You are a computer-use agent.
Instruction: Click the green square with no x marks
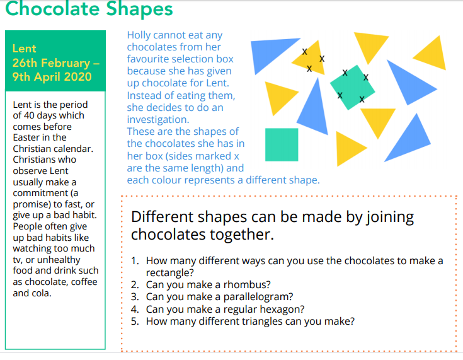[x=282, y=144]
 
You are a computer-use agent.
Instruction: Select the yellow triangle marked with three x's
[x=311, y=59]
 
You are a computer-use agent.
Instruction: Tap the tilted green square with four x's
[x=352, y=88]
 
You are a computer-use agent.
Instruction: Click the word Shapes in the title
[x=139, y=9]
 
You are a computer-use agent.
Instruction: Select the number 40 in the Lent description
[x=29, y=115]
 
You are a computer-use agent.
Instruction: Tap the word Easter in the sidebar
[x=25, y=137]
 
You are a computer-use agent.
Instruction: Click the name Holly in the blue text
[x=138, y=35]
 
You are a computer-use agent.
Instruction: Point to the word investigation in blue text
[x=158, y=120]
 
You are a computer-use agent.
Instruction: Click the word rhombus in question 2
[x=247, y=284]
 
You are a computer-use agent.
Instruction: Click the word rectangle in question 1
[x=170, y=273]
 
